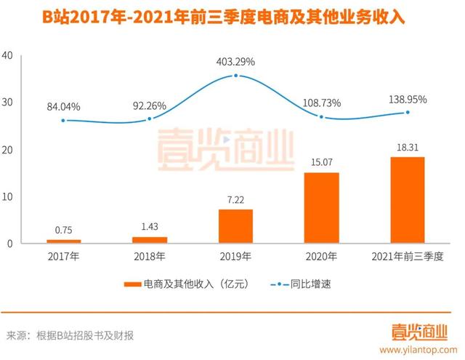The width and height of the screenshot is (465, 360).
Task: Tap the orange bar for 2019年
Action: (235, 225)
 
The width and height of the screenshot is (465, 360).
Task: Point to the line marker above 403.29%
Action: (235, 76)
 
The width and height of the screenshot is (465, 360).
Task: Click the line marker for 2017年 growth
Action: (63, 121)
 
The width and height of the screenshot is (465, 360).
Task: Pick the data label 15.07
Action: (320, 164)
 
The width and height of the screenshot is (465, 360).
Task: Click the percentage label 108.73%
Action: (320, 103)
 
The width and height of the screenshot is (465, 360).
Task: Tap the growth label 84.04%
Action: (63, 107)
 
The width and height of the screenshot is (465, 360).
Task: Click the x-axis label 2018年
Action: (150, 257)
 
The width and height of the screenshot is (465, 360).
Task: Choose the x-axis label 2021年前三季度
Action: (407, 257)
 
